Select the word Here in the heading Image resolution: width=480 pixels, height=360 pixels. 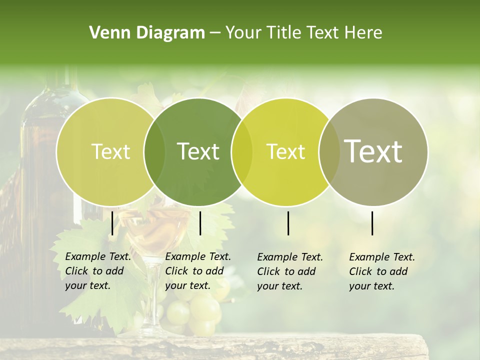tap(363, 33)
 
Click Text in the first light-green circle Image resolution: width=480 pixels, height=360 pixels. tap(110, 151)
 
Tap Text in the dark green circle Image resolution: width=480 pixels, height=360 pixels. tap(198, 151)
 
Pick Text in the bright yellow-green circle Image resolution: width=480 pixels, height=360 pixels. tap(285, 151)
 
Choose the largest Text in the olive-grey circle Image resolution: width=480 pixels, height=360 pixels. tap(373, 151)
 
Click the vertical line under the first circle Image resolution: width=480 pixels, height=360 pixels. tap(112, 223)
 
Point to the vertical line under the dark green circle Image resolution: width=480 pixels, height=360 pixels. tap(200, 223)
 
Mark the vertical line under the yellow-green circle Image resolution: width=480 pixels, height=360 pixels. tap(288, 223)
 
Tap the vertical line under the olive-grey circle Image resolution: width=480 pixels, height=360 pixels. tap(372, 223)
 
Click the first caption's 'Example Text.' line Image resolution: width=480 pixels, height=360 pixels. tap(98, 256)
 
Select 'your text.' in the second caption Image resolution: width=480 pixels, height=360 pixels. tap(187, 285)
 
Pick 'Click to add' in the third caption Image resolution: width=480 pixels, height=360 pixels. tap(286, 271)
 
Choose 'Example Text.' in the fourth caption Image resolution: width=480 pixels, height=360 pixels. tap(382, 257)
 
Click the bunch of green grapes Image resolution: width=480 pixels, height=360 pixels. tap(195, 310)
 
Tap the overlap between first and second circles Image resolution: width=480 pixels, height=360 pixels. tap(154, 151)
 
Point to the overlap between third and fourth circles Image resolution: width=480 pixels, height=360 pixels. tap(327, 151)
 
